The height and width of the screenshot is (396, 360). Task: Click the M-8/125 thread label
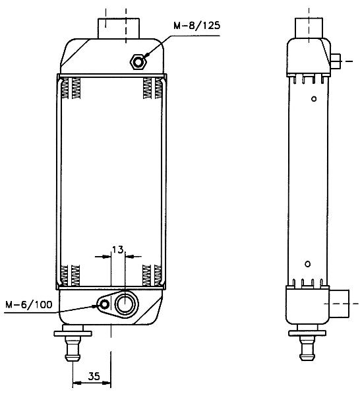(x=196, y=26)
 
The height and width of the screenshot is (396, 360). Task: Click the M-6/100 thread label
(x=29, y=304)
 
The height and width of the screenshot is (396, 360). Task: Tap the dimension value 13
(x=118, y=249)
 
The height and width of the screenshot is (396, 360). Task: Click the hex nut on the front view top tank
(x=138, y=62)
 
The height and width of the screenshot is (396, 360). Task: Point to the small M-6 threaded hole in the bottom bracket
(x=104, y=304)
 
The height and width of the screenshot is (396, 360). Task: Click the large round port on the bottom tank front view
(x=125, y=304)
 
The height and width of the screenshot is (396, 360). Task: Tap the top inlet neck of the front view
(x=119, y=28)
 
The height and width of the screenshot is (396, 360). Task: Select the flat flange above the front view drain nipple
(x=73, y=333)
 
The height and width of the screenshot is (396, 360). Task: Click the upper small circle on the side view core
(x=314, y=99)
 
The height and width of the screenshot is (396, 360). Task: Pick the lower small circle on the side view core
(x=307, y=264)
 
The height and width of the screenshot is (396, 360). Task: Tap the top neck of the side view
(x=309, y=28)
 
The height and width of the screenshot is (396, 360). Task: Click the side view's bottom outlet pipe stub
(x=340, y=304)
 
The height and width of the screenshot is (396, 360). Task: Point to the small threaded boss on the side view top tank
(x=336, y=61)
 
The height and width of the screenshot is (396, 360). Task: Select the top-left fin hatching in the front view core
(x=71, y=88)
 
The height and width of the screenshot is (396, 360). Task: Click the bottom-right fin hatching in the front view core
(x=152, y=275)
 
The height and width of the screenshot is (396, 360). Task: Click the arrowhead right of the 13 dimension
(x=130, y=257)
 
